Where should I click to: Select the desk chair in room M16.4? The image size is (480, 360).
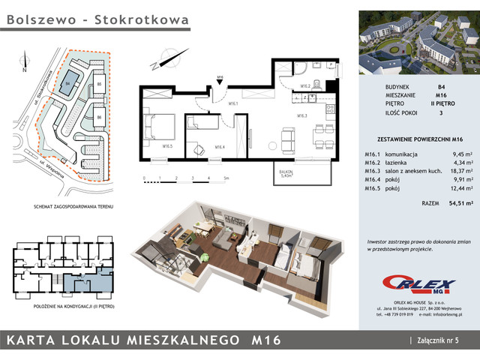(196, 150)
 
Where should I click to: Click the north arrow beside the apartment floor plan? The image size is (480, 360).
(168, 58)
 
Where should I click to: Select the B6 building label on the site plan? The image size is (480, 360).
(99, 118)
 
